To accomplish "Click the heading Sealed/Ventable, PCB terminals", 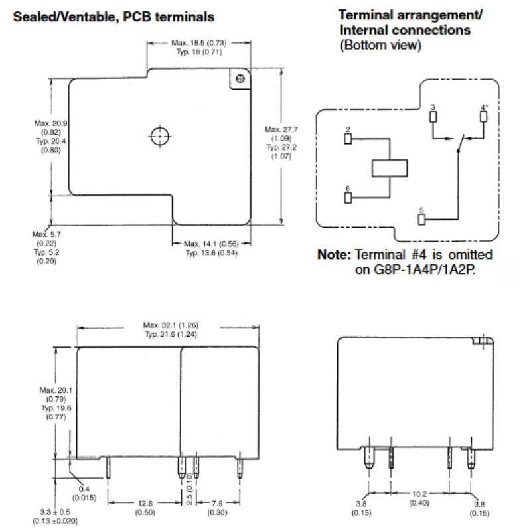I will coord(114,15).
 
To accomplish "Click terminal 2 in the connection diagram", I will coord(347,139).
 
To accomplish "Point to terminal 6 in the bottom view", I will coord(347,198).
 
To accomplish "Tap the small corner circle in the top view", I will coord(240,79).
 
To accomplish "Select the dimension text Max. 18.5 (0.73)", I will coord(198,43).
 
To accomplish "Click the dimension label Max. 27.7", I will coord(281,129).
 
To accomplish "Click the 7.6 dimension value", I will coord(218,503).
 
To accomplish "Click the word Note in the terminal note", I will coord(336,256).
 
